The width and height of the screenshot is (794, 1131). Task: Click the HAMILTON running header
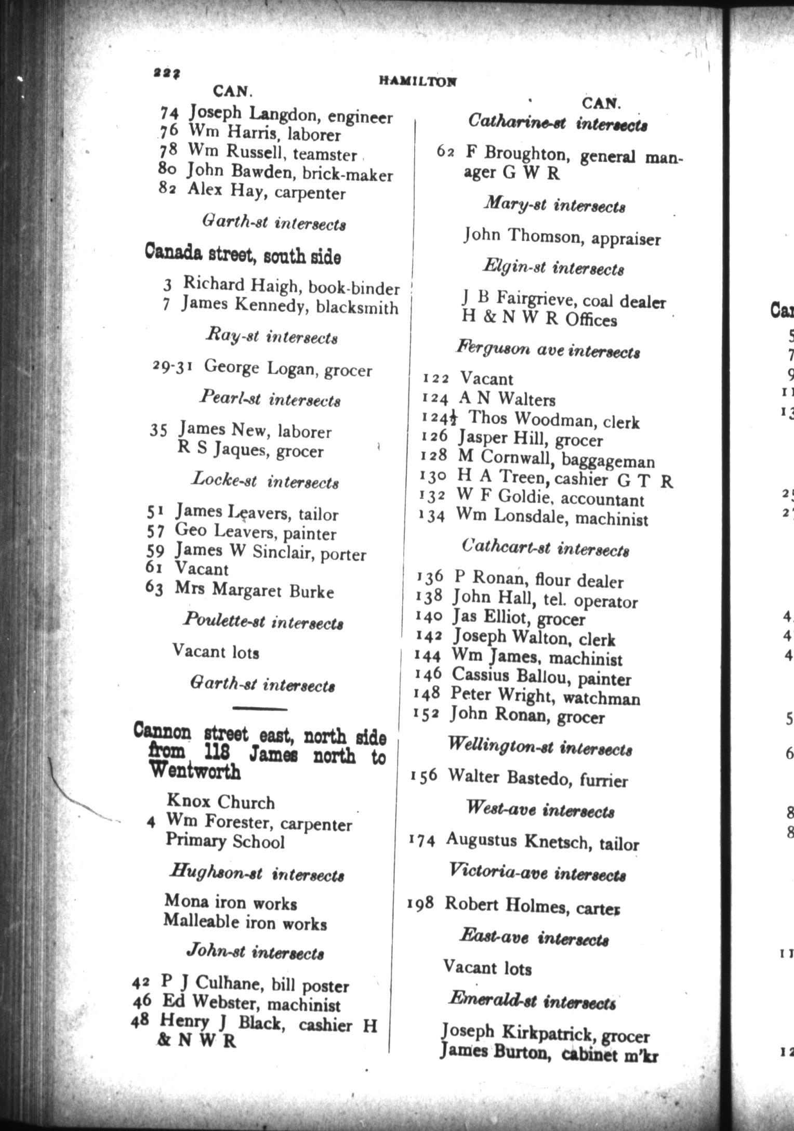pos(418,81)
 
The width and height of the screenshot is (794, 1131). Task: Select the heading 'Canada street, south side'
pos(243,255)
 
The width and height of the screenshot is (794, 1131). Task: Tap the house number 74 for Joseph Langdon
pos(169,113)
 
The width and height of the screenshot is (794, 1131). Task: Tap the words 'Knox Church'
pos(220,802)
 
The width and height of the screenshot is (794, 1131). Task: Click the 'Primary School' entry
pos(225,841)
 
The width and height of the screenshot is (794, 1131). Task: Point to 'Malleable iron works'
pos(245,922)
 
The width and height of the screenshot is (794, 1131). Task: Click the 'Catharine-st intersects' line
pos(558,123)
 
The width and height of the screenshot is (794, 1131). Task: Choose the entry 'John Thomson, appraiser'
pos(562,237)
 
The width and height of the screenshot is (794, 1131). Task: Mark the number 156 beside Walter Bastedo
pos(424,776)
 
